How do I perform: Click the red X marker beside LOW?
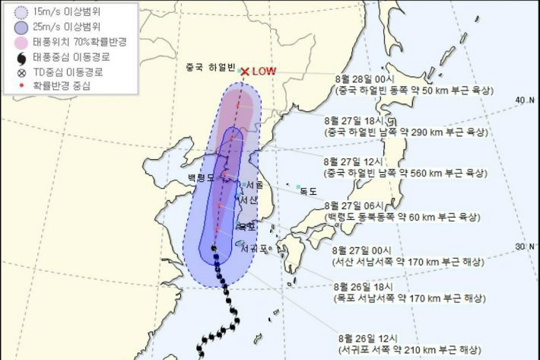(245, 72)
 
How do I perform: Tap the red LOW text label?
(264, 72)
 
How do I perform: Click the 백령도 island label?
(202, 177)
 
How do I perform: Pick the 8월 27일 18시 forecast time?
(360, 120)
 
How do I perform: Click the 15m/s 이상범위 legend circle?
(21, 12)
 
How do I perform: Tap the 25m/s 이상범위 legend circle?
(21, 27)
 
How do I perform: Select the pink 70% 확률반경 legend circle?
(21, 42)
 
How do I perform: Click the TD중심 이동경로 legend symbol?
(21, 72)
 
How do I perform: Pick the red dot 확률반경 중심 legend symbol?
(21, 87)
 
